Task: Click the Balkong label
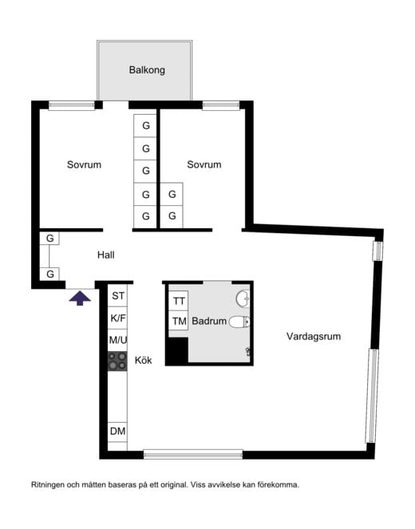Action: click(x=147, y=70)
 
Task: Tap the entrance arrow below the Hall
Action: click(x=78, y=298)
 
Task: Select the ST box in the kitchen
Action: click(x=118, y=297)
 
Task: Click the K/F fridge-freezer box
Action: click(x=118, y=318)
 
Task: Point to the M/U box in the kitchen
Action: click(x=118, y=341)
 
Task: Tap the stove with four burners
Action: click(x=118, y=361)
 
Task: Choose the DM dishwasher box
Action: click(x=118, y=432)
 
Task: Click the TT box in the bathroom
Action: click(x=179, y=301)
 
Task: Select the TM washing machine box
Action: click(x=179, y=322)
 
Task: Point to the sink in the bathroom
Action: click(x=243, y=299)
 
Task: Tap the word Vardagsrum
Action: click(x=314, y=337)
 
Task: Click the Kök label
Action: click(x=143, y=360)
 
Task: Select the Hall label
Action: click(x=106, y=255)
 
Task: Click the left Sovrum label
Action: click(x=84, y=165)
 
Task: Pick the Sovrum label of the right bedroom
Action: click(x=204, y=165)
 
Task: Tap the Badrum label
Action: click(x=209, y=322)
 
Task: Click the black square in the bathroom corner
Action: click(x=176, y=351)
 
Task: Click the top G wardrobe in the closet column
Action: click(x=145, y=126)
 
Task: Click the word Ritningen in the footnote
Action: click(x=49, y=484)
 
